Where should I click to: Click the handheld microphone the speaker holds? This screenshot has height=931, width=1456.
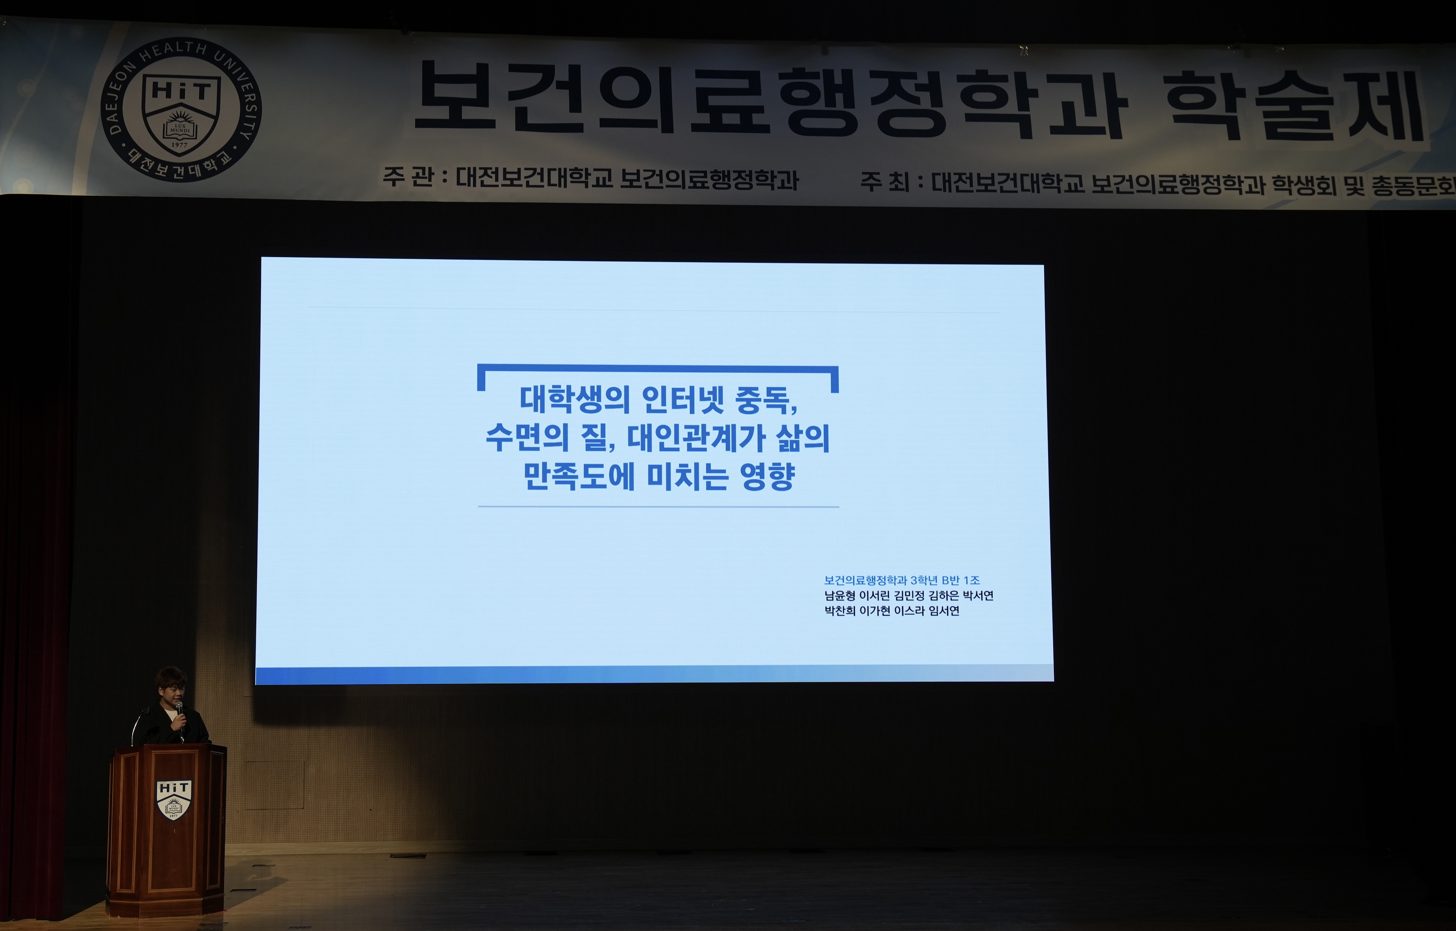click(x=179, y=716)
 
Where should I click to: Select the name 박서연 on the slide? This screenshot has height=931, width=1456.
click(x=978, y=596)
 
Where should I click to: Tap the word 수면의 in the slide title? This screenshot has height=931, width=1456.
click(x=527, y=438)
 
